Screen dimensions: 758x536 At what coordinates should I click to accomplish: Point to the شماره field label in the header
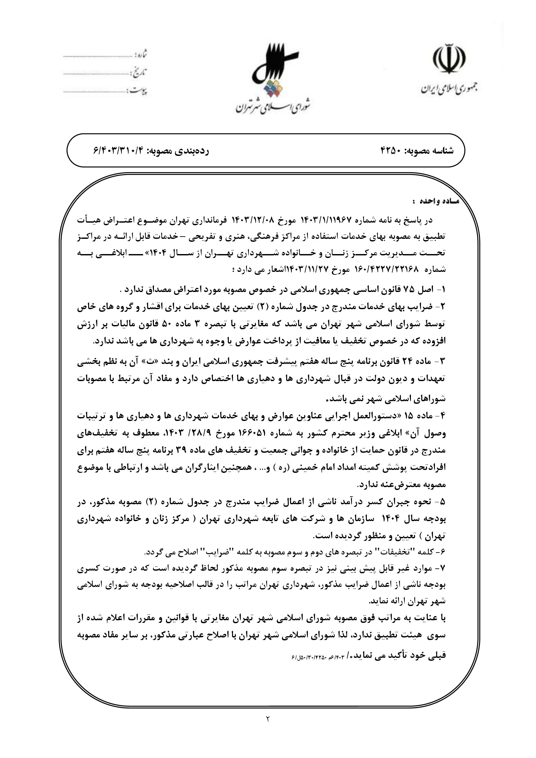pyautogui.click(x=141, y=54)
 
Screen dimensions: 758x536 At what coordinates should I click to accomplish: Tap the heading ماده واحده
pyautogui.click(x=436, y=201)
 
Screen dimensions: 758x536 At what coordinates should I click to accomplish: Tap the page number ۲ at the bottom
pyautogui.click(x=268, y=717)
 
